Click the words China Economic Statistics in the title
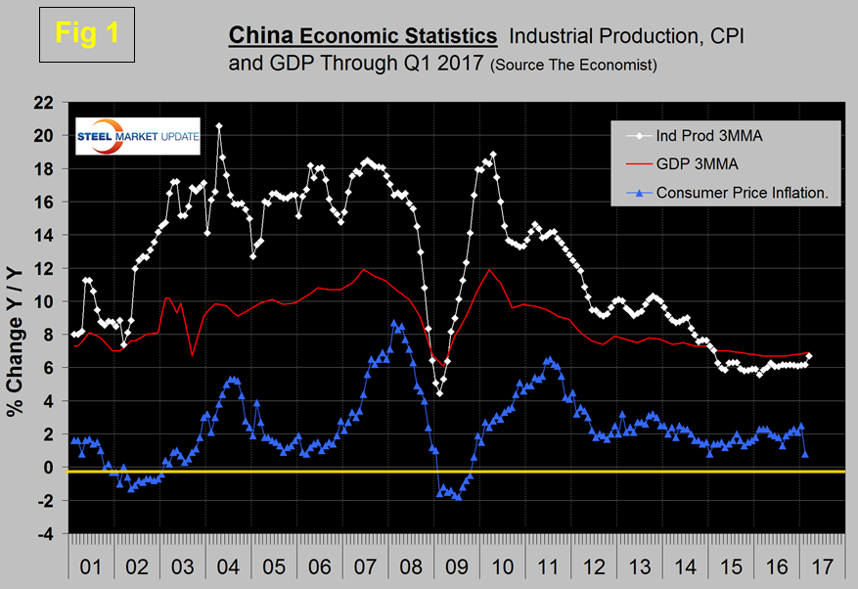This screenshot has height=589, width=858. [x=362, y=36]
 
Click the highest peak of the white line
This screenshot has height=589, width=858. [x=219, y=125]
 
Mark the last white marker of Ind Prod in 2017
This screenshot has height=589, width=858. [x=809, y=356]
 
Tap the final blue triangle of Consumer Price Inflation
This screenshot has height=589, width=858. [x=805, y=454]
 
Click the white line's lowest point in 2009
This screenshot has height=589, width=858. [x=439, y=393]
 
